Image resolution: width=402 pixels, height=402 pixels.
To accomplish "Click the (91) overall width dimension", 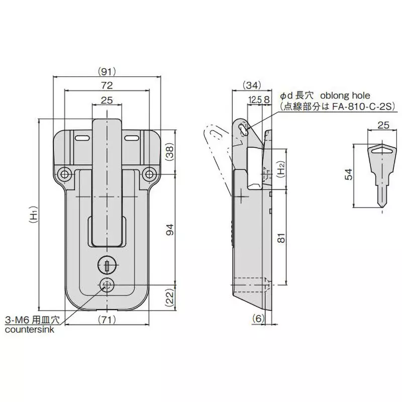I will pyautogui.click(x=107, y=71).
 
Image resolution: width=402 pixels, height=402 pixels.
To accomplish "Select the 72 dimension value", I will pyautogui.click(x=107, y=85).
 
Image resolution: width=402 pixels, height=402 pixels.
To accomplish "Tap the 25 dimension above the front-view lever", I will pyautogui.click(x=107, y=100).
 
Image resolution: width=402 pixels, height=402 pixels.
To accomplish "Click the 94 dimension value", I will pyautogui.click(x=169, y=230).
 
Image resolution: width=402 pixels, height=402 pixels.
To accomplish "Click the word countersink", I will pyautogui.click(x=29, y=330).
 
